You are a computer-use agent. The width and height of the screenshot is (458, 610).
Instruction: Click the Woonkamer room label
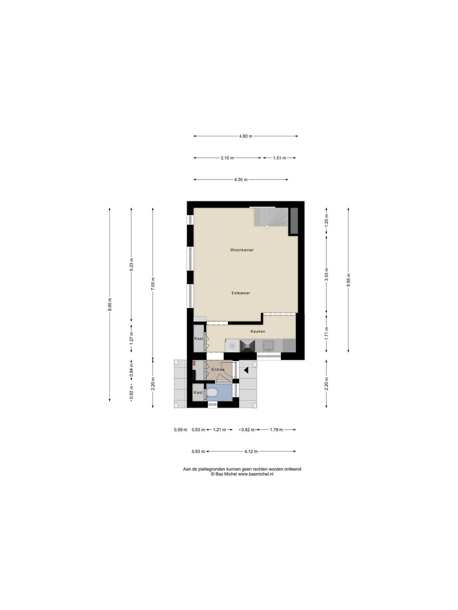point(242,250)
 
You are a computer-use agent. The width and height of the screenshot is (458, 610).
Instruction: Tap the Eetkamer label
point(241,293)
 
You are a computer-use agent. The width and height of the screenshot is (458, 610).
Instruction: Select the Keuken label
point(258,331)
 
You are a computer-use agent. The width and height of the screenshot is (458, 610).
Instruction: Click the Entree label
point(218,369)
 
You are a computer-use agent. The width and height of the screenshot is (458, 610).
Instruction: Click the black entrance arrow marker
point(246,370)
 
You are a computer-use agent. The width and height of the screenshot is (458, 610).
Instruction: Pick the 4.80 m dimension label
point(245,136)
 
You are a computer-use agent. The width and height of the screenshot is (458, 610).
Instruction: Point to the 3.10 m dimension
point(227,158)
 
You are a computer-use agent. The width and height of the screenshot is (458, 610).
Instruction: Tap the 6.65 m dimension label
point(349,280)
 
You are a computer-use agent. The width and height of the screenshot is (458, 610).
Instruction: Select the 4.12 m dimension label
point(251,452)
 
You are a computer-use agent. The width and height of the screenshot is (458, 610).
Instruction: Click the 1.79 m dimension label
point(276,430)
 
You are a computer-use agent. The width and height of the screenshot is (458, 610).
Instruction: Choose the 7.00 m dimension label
point(153,283)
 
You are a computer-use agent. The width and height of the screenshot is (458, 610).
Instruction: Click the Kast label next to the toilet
point(198,392)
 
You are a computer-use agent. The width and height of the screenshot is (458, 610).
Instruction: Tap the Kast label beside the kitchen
point(199,338)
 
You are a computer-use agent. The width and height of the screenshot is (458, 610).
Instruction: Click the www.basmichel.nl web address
point(256,474)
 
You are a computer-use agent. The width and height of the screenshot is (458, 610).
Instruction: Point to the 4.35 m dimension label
point(241,179)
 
